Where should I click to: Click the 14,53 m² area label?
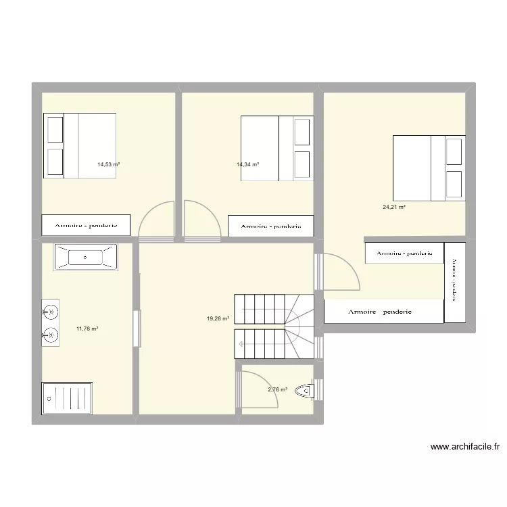[108, 164]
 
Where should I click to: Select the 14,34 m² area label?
[247, 164]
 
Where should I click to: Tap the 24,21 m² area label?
[393, 207]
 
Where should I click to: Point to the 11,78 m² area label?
[87, 329]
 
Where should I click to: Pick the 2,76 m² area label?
[277, 389]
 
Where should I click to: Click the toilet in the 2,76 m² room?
[306, 390]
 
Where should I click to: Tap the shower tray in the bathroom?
[68, 398]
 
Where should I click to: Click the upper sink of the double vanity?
[49, 312]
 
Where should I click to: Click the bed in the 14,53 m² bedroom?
[80, 145]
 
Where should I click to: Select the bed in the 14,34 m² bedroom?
[277, 148]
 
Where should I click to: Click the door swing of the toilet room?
[260, 391]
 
